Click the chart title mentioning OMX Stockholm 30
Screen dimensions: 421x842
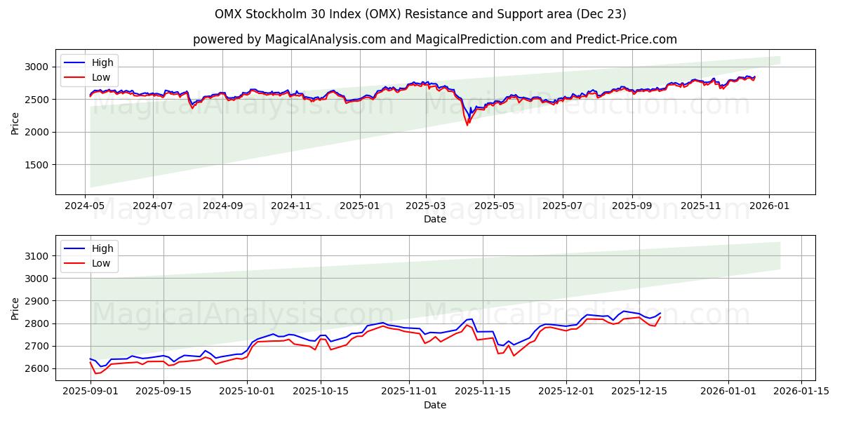coord(421,14)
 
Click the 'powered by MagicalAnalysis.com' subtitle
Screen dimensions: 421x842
coord(435,39)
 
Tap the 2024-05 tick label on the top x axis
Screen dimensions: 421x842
coord(86,206)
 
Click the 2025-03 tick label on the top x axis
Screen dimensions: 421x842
coord(426,206)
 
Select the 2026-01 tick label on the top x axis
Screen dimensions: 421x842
coord(768,206)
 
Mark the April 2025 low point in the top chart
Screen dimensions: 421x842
coord(467,124)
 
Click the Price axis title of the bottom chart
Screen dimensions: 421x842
coord(15,307)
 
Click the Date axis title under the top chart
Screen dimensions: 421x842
coord(435,219)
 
